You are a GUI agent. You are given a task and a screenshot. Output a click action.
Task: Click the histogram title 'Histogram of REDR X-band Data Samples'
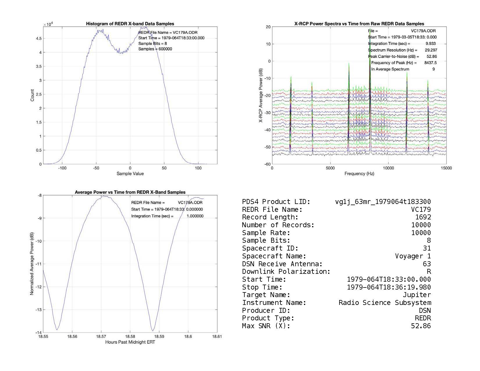[130, 24]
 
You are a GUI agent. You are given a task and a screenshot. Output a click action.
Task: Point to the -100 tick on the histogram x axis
[62, 168]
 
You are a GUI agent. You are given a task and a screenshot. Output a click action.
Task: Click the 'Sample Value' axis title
[130, 174]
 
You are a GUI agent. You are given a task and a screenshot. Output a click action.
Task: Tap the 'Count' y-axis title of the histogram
[32, 95]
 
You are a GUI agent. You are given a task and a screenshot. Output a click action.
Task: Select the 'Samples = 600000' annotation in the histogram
[155, 49]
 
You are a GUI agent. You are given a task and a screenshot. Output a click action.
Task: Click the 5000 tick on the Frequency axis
[330, 168]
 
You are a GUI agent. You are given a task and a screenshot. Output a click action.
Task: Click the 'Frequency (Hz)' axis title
[359, 174]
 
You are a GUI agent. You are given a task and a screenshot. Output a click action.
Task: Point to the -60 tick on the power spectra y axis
[267, 164]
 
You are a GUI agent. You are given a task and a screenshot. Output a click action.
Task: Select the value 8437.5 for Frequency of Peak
[431, 63]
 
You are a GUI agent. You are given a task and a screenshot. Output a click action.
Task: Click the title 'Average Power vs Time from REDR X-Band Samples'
[130, 192]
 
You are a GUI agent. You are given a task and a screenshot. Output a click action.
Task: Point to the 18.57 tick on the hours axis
[101, 337]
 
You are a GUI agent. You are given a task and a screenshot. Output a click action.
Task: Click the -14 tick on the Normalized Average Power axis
[38, 333]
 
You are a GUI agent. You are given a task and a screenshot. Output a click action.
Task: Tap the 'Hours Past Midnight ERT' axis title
[130, 342]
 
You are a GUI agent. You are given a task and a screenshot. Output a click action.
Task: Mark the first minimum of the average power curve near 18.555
[57, 330]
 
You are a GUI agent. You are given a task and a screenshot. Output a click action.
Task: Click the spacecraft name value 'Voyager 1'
[413, 256]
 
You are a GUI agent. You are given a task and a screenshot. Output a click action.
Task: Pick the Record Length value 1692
[423, 217]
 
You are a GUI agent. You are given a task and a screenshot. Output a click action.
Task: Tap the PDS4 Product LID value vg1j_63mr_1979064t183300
[383, 202]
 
